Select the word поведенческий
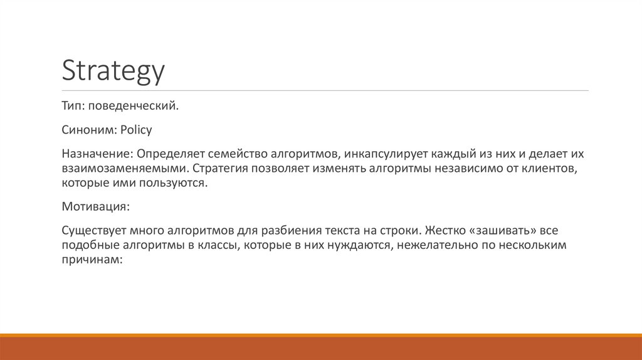tap(133, 107)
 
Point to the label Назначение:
tap(97, 154)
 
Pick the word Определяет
tap(169, 154)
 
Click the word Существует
tap(93, 230)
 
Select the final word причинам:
tap(90, 259)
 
